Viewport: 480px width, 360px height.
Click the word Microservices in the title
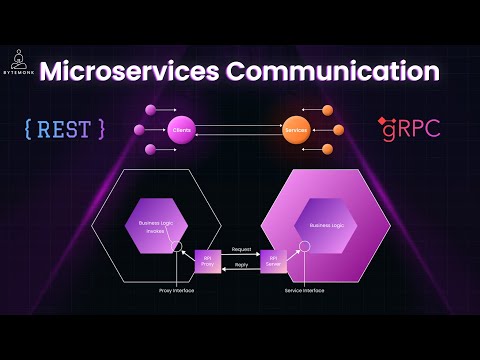coord(139,73)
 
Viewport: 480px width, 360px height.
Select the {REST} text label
coord(64,129)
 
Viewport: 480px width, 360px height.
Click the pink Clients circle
coord(181,130)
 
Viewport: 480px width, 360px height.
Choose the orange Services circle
coord(294,130)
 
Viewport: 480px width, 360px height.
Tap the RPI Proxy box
coord(208,261)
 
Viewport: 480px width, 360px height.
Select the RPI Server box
coord(273,261)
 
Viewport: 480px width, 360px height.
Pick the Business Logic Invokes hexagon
coord(154,226)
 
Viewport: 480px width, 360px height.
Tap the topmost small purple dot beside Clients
coord(150,108)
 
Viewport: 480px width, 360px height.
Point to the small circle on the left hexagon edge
coord(177,246)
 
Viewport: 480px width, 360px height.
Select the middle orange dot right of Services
coord(338,130)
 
